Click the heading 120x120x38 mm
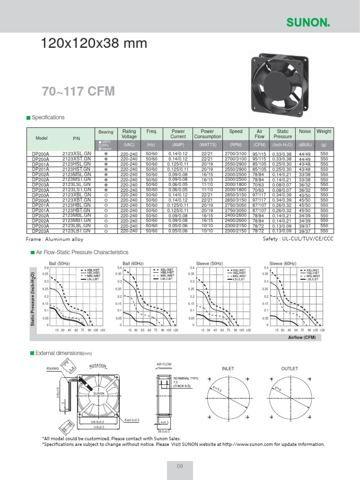(94, 44)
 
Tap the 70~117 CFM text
(78, 91)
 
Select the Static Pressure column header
(282, 134)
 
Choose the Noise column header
(305, 132)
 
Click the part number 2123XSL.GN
(76, 154)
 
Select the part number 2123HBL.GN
(76, 205)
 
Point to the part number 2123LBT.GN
(76, 231)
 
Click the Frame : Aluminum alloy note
(55, 240)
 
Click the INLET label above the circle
(228, 369)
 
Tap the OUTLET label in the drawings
(289, 369)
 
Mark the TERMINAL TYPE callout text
(186, 377)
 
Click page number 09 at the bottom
(180, 465)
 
